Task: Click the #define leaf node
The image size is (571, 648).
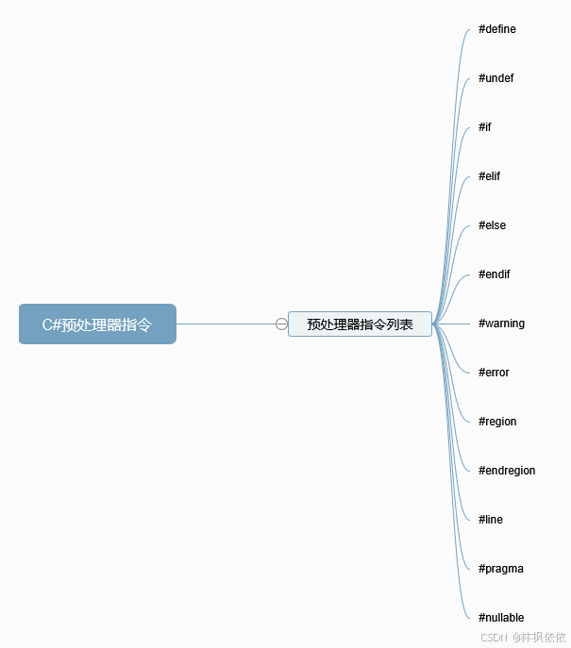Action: click(x=497, y=29)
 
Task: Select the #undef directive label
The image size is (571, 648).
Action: click(x=496, y=78)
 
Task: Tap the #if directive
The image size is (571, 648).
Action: click(x=485, y=127)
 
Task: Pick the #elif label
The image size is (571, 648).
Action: click(x=490, y=176)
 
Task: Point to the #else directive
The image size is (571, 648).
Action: click(x=493, y=225)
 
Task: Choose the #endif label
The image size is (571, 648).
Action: click(x=495, y=274)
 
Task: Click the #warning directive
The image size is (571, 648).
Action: click(x=502, y=324)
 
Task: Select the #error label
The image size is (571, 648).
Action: click(x=495, y=373)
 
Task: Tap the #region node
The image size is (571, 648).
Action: click(x=498, y=422)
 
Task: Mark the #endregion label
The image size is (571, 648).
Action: click(x=507, y=471)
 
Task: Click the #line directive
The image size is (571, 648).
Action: click(x=491, y=520)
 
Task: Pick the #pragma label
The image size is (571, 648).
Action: click(x=501, y=569)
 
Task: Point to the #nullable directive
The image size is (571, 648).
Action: click(x=501, y=618)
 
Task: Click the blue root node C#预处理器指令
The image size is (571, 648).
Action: click(x=97, y=324)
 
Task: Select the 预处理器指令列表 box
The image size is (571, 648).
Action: click(x=360, y=324)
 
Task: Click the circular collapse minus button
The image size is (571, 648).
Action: click(x=281, y=324)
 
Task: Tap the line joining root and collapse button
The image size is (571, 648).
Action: click(x=227, y=324)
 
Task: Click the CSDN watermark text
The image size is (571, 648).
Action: click(x=495, y=637)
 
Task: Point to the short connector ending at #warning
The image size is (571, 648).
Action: click(x=457, y=324)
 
